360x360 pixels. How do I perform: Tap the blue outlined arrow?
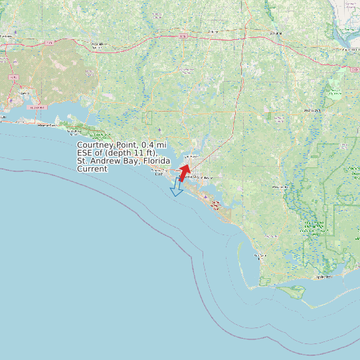click(177, 188)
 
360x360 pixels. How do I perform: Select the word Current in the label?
click(92, 169)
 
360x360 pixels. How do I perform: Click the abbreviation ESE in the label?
click(86, 153)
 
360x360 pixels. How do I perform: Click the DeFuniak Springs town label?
click(98, 45)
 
